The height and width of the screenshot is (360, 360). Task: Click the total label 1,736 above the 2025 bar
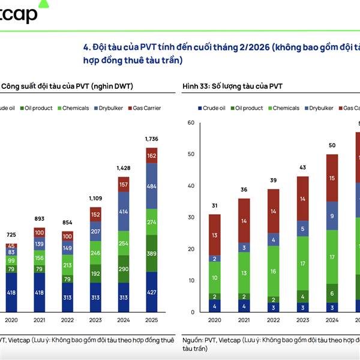(151, 139)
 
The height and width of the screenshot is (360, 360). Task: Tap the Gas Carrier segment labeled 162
(151, 155)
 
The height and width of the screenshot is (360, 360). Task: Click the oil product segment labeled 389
(151, 254)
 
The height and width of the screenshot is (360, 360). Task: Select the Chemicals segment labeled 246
(96, 253)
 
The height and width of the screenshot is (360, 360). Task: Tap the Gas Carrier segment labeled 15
(332, 178)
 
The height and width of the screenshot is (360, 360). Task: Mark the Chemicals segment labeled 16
(273, 271)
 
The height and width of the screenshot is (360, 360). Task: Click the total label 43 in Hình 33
(302, 167)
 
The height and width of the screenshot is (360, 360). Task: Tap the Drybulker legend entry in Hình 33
(320, 108)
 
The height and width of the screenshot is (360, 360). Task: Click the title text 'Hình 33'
(194, 86)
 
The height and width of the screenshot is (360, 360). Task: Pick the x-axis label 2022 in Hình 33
(273, 320)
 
